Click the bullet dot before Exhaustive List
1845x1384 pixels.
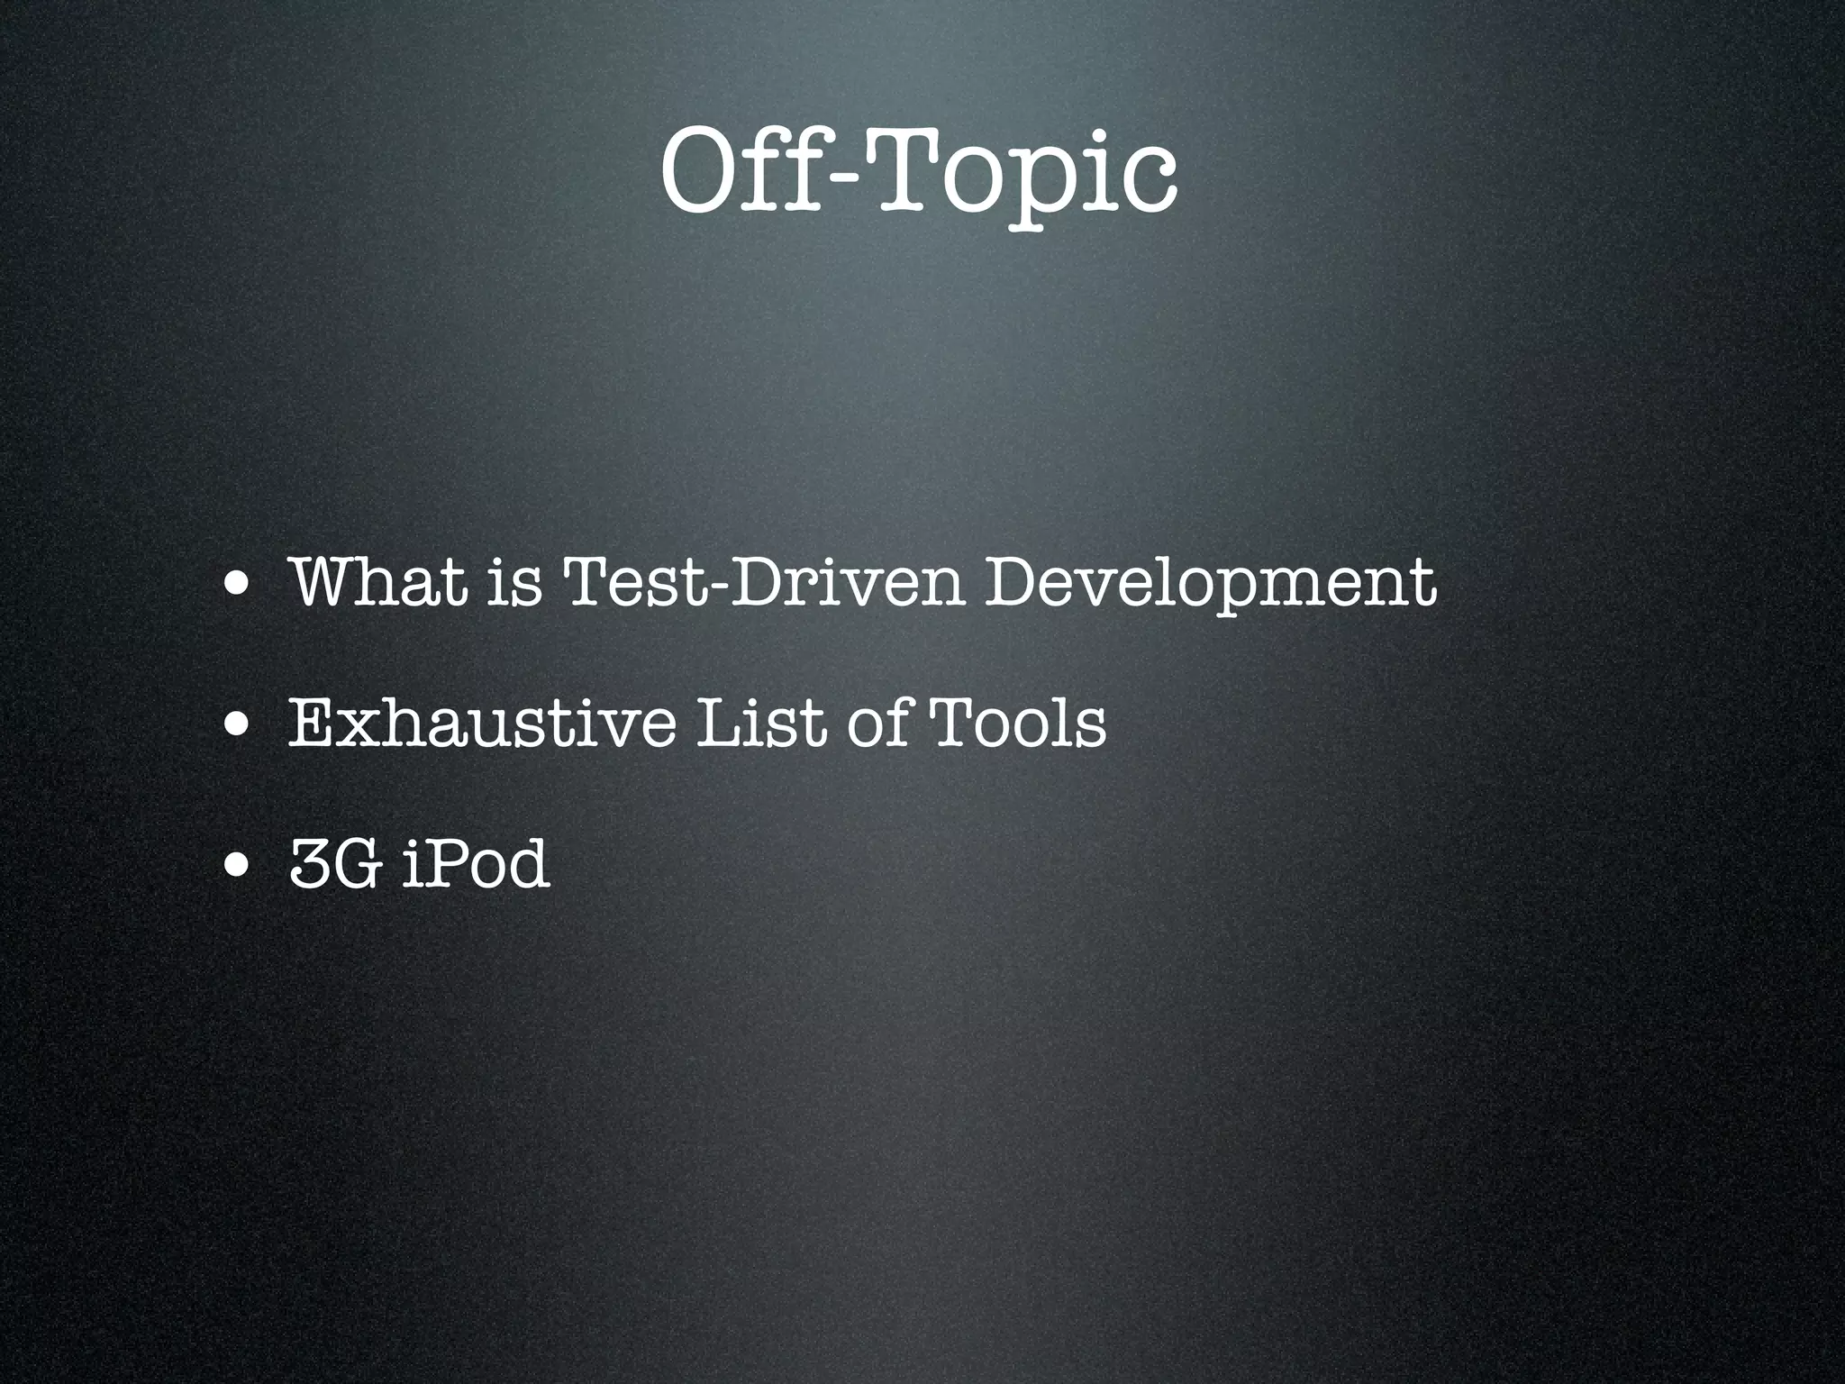239,727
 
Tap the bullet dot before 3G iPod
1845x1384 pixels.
239,868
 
